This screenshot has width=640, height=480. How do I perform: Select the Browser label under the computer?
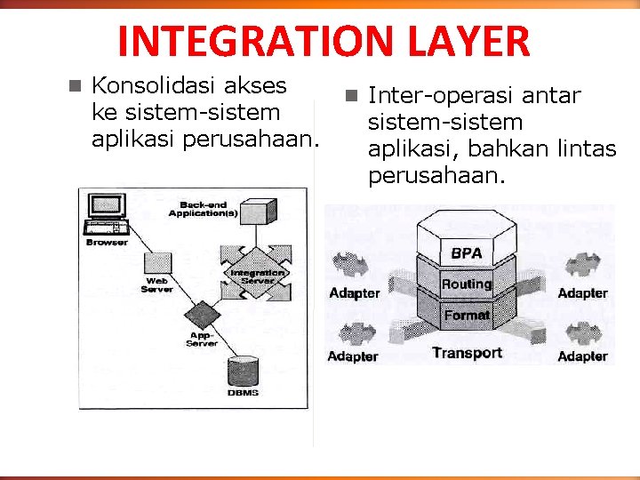(x=107, y=242)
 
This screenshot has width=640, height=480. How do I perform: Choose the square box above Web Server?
(x=157, y=264)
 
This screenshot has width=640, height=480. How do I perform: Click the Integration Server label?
(x=258, y=276)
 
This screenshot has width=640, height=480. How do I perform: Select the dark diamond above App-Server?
(x=202, y=316)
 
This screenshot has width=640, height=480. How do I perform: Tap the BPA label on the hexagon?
(x=467, y=253)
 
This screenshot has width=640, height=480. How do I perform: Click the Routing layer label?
(x=467, y=284)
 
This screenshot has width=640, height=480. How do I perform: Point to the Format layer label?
(x=467, y=315)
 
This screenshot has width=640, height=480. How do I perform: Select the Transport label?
(x=467, y=353)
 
